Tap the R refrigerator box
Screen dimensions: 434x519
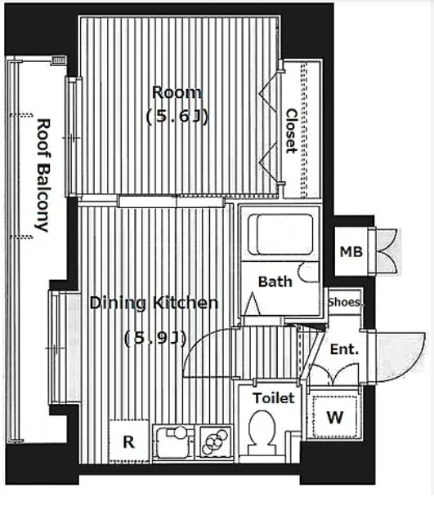coord(128,441)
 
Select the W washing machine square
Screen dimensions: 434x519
coord(334,416)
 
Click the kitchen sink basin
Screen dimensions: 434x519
coord(173,441)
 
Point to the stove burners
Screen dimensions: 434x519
coord(215,441)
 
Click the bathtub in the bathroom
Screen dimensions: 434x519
coord(280,234)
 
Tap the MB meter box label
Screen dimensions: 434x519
coord(351,252)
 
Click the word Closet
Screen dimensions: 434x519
coord(291,131)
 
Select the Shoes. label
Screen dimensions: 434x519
coord(344,302)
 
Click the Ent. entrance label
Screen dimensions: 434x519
coord(344,349)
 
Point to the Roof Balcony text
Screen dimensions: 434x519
coord(43,175)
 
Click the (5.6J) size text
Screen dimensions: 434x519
coord(177,117)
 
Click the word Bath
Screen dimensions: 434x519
coord(275,282)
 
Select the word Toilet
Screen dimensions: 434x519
coord(274,398)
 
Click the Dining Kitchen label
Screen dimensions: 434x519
coord(154,303)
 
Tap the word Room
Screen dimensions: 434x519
coord(177,92)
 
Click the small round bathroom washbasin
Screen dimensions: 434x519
coord(306,272)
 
